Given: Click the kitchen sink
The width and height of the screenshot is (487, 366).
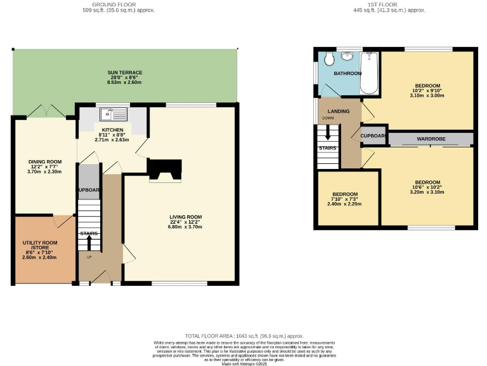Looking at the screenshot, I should click(x=112, y=114).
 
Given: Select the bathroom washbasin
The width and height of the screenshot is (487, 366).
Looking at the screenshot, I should click(x=347, y=57).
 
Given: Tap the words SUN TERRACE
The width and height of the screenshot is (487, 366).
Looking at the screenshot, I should click(x=124, y=73).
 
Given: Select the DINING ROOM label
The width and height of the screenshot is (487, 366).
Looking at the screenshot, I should click(x=44, y=162).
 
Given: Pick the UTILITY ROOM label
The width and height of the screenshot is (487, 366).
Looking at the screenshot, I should click(x=39, y=245).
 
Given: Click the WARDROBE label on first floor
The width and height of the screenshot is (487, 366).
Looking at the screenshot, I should click(x=431, y=139).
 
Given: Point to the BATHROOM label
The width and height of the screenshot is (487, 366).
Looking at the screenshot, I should click(x=347, y=74).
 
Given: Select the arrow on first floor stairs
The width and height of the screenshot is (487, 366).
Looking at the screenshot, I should click(x=328, y=133).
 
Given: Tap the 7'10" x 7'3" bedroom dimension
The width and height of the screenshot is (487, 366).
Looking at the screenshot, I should click(x=344, y=199).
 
